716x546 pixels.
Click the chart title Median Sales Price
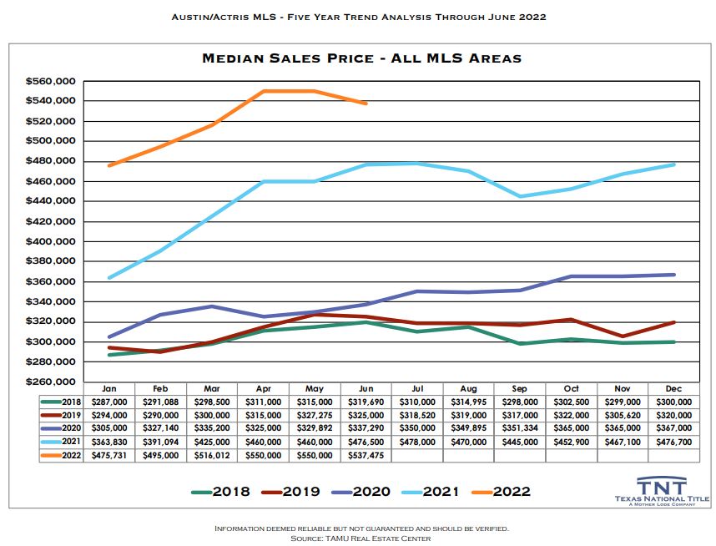click(x=361, y=58)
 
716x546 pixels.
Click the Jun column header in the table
click(x=366, y=388)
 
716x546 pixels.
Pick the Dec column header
click(x=674, y=388)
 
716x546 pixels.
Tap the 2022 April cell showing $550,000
click(x=263, y=455)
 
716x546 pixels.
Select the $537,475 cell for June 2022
click(x=366, y=455)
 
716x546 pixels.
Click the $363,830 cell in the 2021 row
click(x=108, y=442)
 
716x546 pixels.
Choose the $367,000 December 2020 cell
click(x=674, y=428)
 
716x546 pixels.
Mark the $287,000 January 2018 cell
click(x=108, y=402)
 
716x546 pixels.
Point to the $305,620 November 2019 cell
click(x=623, y=415)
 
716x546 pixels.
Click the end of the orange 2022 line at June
click(x=366, y=104)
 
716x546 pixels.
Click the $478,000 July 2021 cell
click(x=417, y=442)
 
